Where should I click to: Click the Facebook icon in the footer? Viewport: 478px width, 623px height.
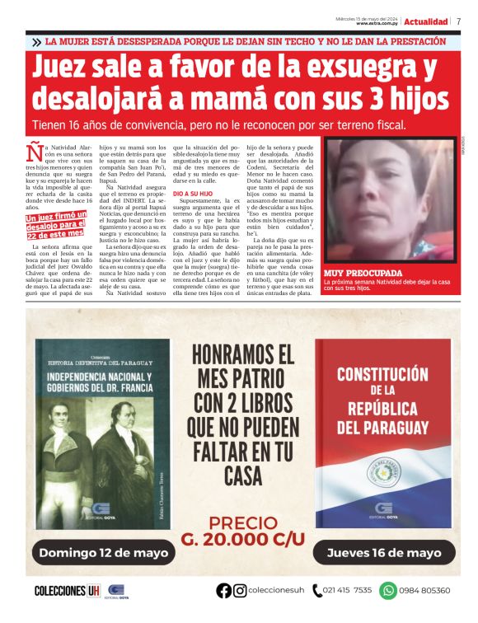point(223,590)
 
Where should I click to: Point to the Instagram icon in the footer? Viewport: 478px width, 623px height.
point(240,590)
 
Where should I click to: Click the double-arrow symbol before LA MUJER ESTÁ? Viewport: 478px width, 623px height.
point(36,41)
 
